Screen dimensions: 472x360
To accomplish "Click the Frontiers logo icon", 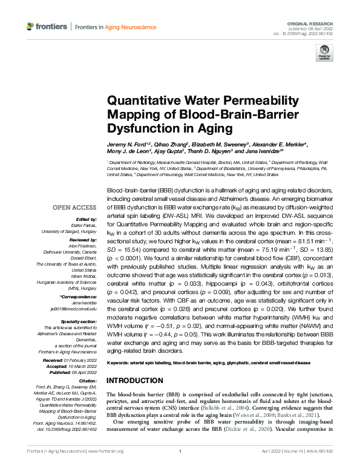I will click(30, 27).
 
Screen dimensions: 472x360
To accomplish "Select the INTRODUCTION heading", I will click(135, 380).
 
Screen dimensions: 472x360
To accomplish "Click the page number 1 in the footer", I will click(180, 451).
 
